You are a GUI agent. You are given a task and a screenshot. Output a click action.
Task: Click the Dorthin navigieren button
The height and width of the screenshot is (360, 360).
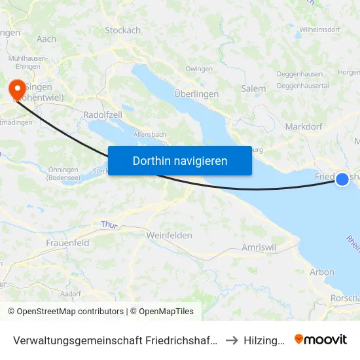click(180, 160)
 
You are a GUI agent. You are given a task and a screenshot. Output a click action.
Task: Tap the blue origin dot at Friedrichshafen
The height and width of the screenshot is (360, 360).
click(342, 179)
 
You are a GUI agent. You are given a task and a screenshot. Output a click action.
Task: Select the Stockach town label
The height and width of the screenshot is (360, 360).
click(122, 30)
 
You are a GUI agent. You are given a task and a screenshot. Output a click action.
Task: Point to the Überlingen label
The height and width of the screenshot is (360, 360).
click(196, 94)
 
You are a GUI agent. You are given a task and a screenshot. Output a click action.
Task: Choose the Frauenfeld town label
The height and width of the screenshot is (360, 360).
click(67, 243)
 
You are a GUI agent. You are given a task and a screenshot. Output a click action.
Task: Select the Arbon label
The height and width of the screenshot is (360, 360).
click(322, 272)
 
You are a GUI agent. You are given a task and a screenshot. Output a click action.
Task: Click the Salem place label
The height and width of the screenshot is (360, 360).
click(253, 88)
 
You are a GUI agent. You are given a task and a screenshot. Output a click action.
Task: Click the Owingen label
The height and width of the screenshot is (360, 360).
click(199, 69)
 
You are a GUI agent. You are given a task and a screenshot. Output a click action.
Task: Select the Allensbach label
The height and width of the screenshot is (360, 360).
click(149, 134)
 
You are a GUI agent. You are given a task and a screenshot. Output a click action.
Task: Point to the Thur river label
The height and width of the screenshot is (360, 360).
click(108, 225)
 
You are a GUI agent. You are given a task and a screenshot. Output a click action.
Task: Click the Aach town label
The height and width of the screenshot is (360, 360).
click(46, 39)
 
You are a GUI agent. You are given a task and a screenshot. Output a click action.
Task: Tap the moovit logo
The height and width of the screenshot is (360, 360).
click(321, 339)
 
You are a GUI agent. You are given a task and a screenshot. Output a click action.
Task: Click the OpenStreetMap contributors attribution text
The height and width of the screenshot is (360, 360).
click(65, 312)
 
